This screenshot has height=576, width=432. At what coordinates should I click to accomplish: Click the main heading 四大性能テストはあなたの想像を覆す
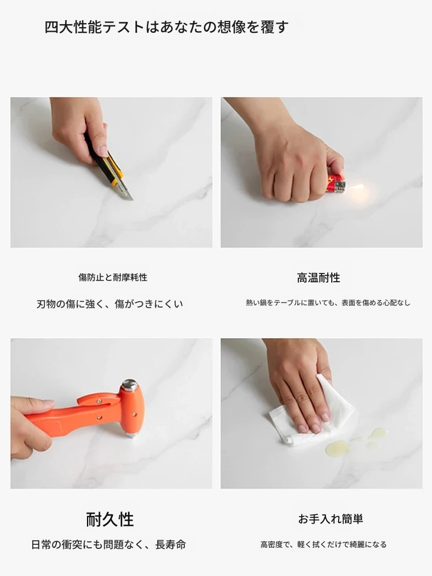click(x=166, y=27)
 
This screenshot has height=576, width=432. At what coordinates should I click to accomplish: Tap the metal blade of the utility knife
click(x=126, y=191)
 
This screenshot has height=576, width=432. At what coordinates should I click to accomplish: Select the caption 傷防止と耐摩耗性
click(x=113, y=278)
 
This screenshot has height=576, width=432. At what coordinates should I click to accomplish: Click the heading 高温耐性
click(x=319, y=278)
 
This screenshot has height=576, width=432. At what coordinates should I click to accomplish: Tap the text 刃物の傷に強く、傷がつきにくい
click(x=109, y=304)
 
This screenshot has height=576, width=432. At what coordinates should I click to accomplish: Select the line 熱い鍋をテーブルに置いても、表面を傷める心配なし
click(x=328, y=303)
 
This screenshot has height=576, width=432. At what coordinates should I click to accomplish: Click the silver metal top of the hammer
click(x=129, y=385)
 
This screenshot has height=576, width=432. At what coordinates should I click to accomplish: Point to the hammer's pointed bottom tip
click(x=132, y=435)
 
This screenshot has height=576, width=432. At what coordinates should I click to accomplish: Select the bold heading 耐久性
click(x=110, y=520)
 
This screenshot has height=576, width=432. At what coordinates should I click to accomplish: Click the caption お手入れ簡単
click(x=330, y=519)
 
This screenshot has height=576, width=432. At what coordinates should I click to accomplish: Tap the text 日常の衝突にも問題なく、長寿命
click(x=108, y=544)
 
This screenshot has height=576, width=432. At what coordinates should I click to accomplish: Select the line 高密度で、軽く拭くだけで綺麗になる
click(x=323, y=544)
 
